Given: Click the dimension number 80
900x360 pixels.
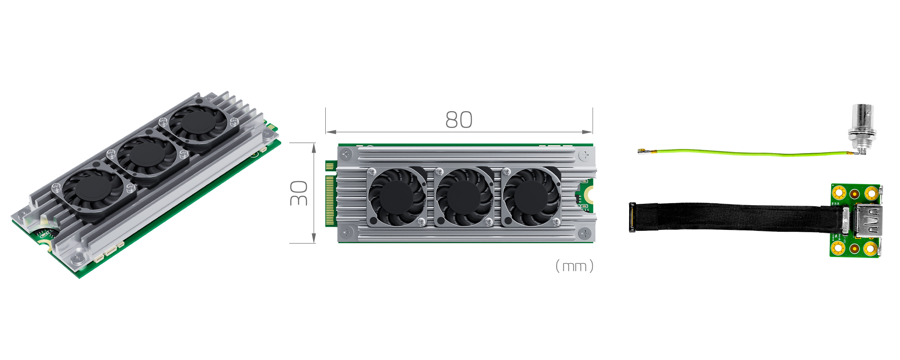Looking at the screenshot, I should (x=459, y=120).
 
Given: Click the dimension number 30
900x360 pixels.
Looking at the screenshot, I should (x=299, y=193).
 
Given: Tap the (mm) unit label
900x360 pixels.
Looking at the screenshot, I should (x=574, y=266).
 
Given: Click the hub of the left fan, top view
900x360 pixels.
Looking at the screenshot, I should (x=396, y=197).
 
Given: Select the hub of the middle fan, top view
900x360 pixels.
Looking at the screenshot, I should (x=463, y=197).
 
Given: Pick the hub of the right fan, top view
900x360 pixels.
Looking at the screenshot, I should (x=531, y=197).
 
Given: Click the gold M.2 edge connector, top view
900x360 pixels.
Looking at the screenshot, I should (x=330, y=200).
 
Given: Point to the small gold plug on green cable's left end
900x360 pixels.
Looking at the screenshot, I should (x=641, y=151).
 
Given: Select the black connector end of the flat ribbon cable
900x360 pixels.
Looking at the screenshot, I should (x=632, y=217).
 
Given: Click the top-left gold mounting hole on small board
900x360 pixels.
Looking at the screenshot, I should (x=839, y=193).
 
